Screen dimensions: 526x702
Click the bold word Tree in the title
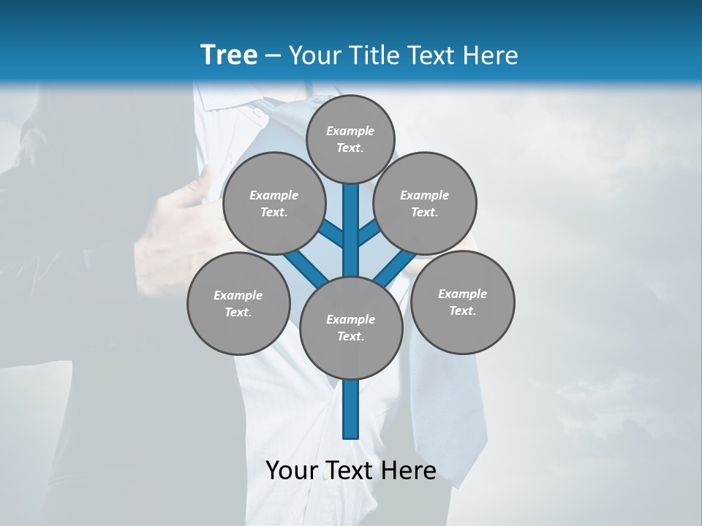pos(229,56)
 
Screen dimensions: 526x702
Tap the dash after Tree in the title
pos(273,56)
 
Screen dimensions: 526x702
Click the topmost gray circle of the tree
pos(350,139)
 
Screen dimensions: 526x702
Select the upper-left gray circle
pos(273,203)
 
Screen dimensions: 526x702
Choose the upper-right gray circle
pos(424,203)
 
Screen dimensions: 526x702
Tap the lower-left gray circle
pos(238,303)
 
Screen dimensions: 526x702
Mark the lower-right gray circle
pos(462,302)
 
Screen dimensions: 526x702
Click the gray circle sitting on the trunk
pos(351,327)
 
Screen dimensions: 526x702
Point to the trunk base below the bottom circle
pos(351,409)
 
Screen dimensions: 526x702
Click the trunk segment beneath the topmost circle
pos(351,219)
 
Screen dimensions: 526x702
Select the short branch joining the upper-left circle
pos(331,233)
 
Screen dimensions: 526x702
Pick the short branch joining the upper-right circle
pos(370,233)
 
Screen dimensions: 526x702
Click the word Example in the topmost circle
pos(350,131)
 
